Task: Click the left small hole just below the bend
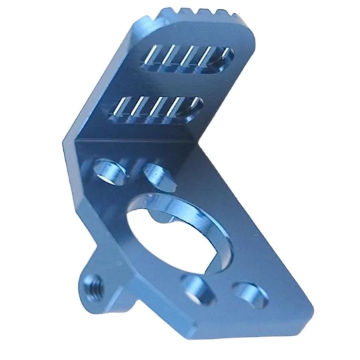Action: coord(110,171)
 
